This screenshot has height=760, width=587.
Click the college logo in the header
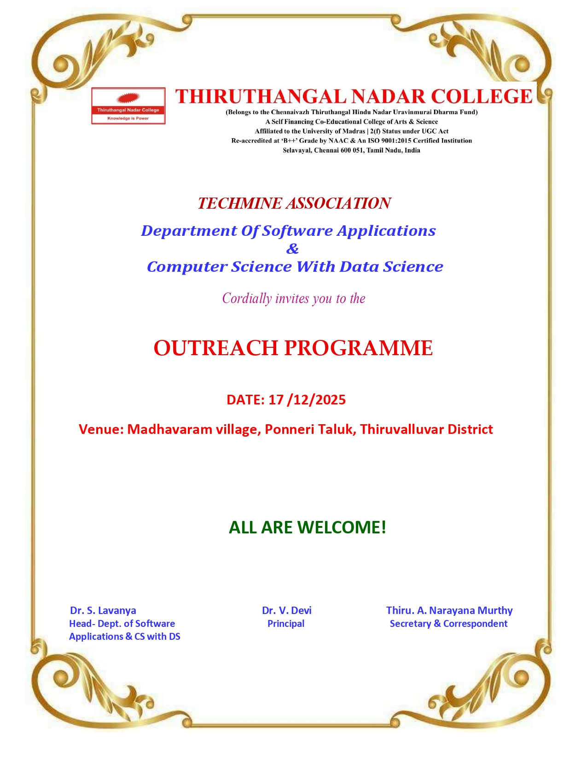coord(128,106)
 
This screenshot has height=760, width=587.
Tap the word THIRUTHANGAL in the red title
coord(261,97)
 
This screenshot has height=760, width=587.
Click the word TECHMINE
coord(239,203)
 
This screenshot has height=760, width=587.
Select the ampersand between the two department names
coord(292,249)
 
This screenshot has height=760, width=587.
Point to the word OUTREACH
coord(216,348)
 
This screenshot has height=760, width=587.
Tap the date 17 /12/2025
coord(307,400)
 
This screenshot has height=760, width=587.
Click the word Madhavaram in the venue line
coord(169,429)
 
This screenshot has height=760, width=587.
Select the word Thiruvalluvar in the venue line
coord(402,429)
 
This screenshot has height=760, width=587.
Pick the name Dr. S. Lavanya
coord(103,610)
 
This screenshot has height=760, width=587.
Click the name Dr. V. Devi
coord(286,610)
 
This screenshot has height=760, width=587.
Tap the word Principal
coord(286,624)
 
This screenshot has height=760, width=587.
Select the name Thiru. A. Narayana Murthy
coord(449,610)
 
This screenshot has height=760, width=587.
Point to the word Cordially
coord(247,299)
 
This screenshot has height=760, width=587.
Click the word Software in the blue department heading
coord(297,231)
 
